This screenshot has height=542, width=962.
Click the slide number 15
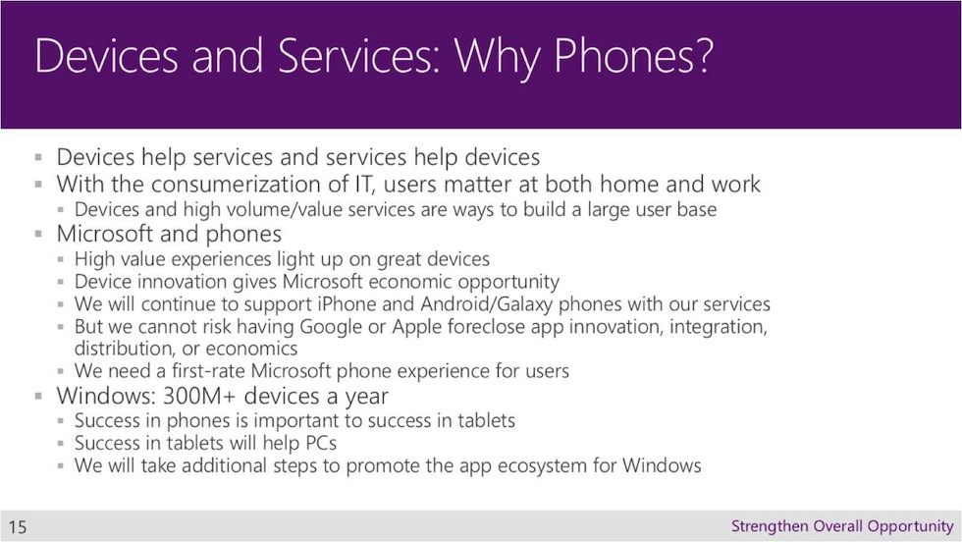(x=18, y=526)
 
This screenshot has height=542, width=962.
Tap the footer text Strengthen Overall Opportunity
(x=842, y=526)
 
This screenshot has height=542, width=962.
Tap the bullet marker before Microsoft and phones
(x=38, y=234)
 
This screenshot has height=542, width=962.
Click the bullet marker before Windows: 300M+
(x=38, y=396)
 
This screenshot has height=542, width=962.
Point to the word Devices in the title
(x=106, y=56)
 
